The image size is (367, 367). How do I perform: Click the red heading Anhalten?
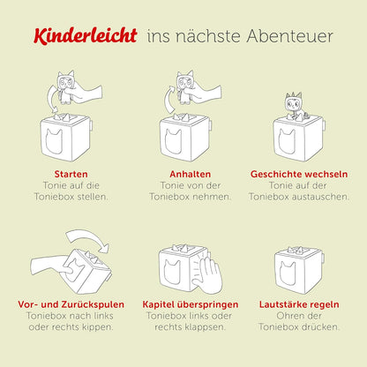pos(183,175)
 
